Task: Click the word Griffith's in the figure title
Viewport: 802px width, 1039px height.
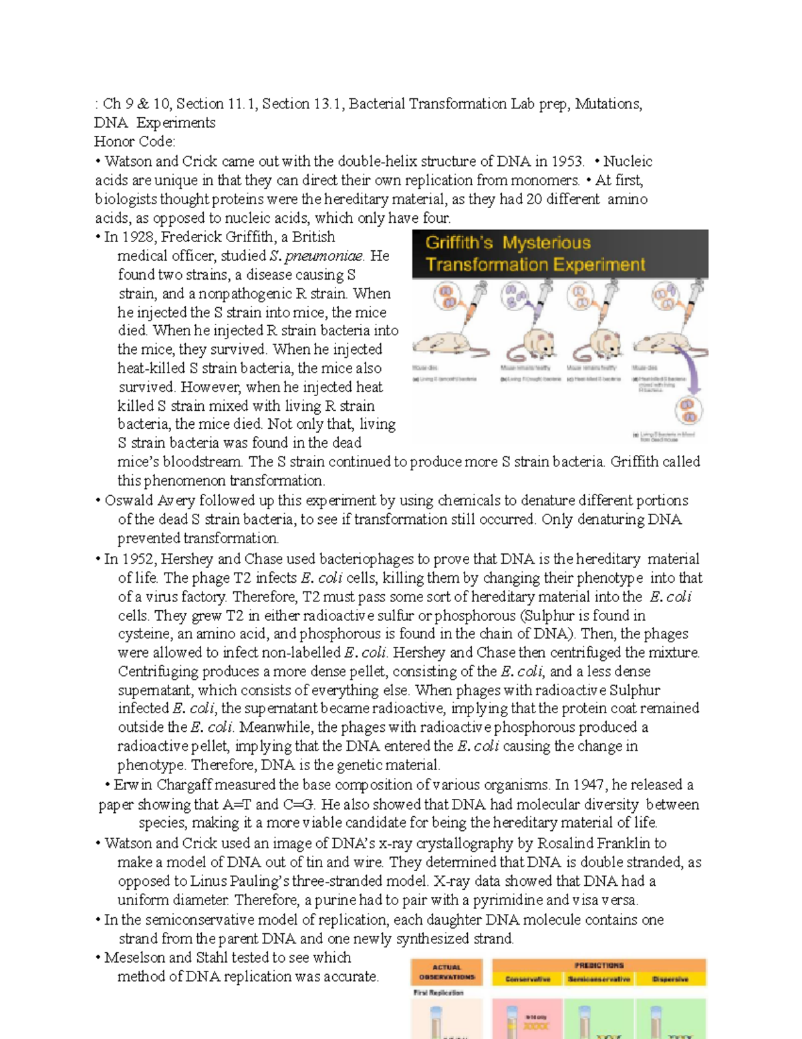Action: point(460,243)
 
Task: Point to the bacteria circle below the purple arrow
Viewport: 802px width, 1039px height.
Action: point(688,410)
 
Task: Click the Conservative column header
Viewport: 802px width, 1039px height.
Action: point(527,979)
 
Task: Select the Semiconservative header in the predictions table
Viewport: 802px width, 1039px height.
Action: point(599,979)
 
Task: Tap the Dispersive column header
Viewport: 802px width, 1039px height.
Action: point(670,979)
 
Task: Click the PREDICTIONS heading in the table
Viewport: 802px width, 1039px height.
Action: point(599,965)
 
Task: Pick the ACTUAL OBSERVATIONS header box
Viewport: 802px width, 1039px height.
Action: point(446,972)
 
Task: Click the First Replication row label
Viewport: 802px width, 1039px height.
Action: point(438,993)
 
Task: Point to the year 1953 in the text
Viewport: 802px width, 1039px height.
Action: point(566,161)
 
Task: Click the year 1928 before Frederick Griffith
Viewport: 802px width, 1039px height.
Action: point(138,237)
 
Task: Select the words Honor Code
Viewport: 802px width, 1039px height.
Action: point(134,142)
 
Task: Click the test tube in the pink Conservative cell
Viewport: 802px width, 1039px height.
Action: point(512,1021)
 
